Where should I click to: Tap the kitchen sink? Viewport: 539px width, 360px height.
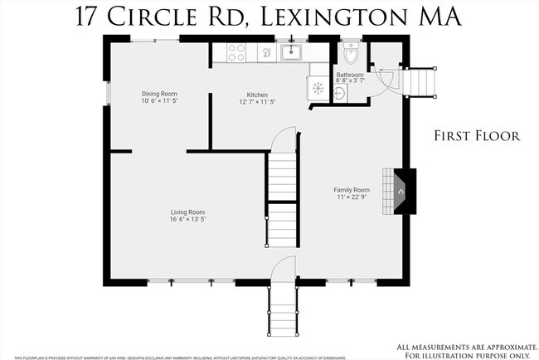point(291,54)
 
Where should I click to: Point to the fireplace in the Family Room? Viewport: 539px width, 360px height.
point(401,192)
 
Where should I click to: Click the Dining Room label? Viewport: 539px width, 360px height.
point(159,94)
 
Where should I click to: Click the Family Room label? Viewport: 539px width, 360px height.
point(352,189)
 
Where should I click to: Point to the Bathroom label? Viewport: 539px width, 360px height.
point(349,75)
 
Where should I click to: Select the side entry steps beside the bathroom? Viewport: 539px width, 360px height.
point(423,82)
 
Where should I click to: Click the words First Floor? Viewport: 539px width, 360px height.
point(477,136)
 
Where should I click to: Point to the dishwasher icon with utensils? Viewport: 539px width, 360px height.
point(266,54)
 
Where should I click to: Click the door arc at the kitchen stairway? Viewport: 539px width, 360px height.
point(284,137)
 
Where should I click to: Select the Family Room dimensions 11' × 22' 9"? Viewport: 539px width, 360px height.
point(352,197)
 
